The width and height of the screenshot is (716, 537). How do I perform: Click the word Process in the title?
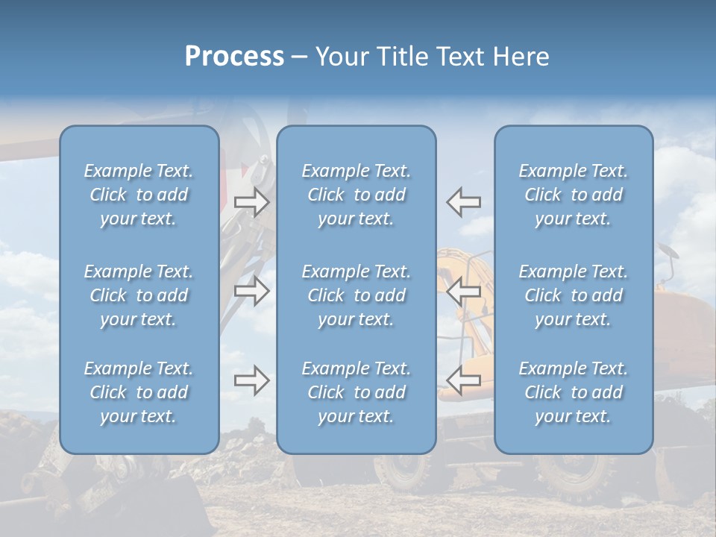[x=234, y=57]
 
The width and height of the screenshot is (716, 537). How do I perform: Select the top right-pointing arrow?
[x=252, y=202]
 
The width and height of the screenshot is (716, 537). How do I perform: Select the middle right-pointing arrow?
[x=252, y=291]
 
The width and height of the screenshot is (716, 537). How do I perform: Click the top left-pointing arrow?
[x=464, y=202]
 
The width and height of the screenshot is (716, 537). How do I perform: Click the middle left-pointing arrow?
[x=464, y=291]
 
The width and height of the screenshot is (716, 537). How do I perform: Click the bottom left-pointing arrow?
[x=464, y=380]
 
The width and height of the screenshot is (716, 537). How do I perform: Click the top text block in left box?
[x=139, y=195]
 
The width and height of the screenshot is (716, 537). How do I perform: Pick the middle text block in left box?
[x=139, y=295]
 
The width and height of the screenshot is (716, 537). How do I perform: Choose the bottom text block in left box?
[x=139, y=392]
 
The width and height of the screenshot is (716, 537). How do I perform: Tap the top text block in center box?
[x=357, y=195]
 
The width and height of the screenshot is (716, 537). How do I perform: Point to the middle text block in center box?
[x=357, y=295]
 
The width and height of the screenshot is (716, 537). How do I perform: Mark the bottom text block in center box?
[x=357, y=392]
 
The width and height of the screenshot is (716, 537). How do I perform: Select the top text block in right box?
[x=574, y=195]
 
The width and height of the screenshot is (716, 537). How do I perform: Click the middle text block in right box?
[x=574, y=295]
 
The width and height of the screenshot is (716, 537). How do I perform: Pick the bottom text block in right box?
[x=574, y=392]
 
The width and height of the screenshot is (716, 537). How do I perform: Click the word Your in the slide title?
[x=341, y=57]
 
